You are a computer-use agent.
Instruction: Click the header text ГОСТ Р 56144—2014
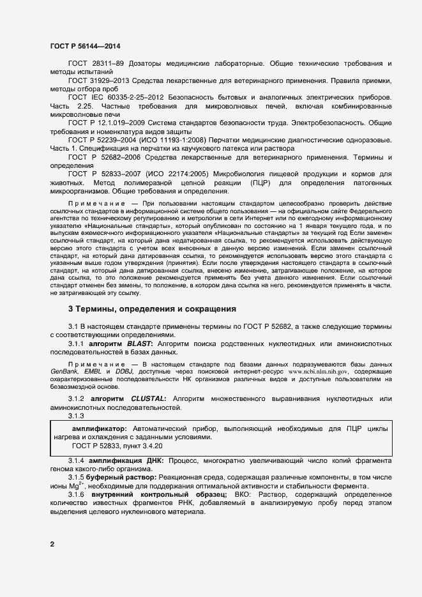(84, 46)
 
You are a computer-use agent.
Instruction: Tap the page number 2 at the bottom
(52, 544)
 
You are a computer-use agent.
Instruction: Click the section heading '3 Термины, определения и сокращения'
(152, 309)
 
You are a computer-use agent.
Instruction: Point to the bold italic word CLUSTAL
(149, 399)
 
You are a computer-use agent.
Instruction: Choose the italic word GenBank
(64, 371)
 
